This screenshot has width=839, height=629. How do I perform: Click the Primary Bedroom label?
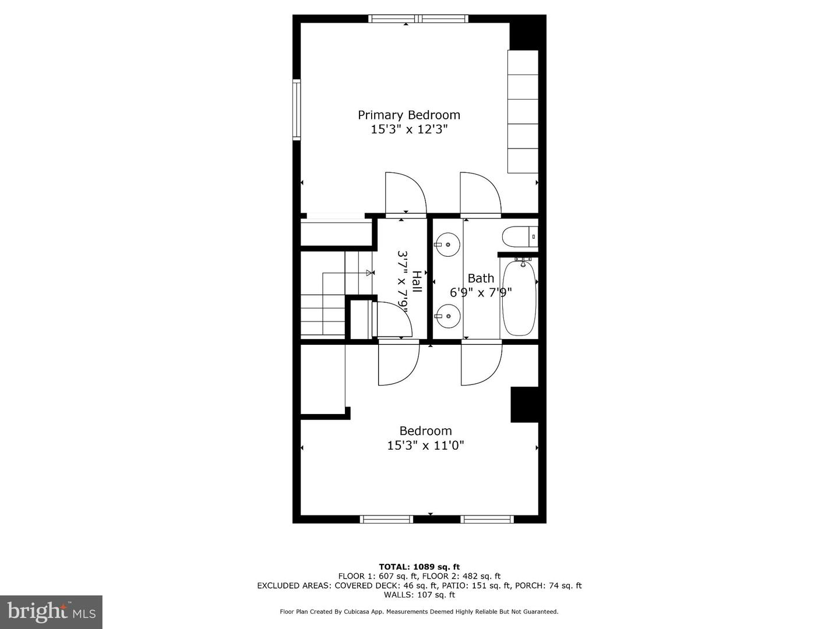(x=408, y=115)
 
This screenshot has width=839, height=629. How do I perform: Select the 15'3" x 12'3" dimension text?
(x=408, y=129)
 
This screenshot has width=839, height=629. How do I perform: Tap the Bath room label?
(x=481, y=278)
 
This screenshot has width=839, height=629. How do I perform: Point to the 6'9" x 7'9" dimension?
(x=481, y=292)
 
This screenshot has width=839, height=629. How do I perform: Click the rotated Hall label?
(x=417, y=281)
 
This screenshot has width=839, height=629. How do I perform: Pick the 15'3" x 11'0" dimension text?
(x=425, y=446)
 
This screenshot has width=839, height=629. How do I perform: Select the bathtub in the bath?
(x=519, y=298)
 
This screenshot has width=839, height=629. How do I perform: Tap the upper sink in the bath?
(x=447, y=244)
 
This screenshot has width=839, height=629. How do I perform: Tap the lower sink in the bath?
(x=447, y=316)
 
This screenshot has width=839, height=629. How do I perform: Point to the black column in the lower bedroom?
(x=524, y=404)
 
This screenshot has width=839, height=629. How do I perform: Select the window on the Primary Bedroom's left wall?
(x=297, y=110)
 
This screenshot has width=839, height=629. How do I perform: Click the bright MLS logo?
(x=51, y=612)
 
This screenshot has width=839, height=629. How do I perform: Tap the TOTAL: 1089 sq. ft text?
(x=419, y=567)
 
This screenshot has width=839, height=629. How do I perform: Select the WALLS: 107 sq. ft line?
(x=419, y=595)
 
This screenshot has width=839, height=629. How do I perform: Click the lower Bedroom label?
(x=425, y=431)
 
